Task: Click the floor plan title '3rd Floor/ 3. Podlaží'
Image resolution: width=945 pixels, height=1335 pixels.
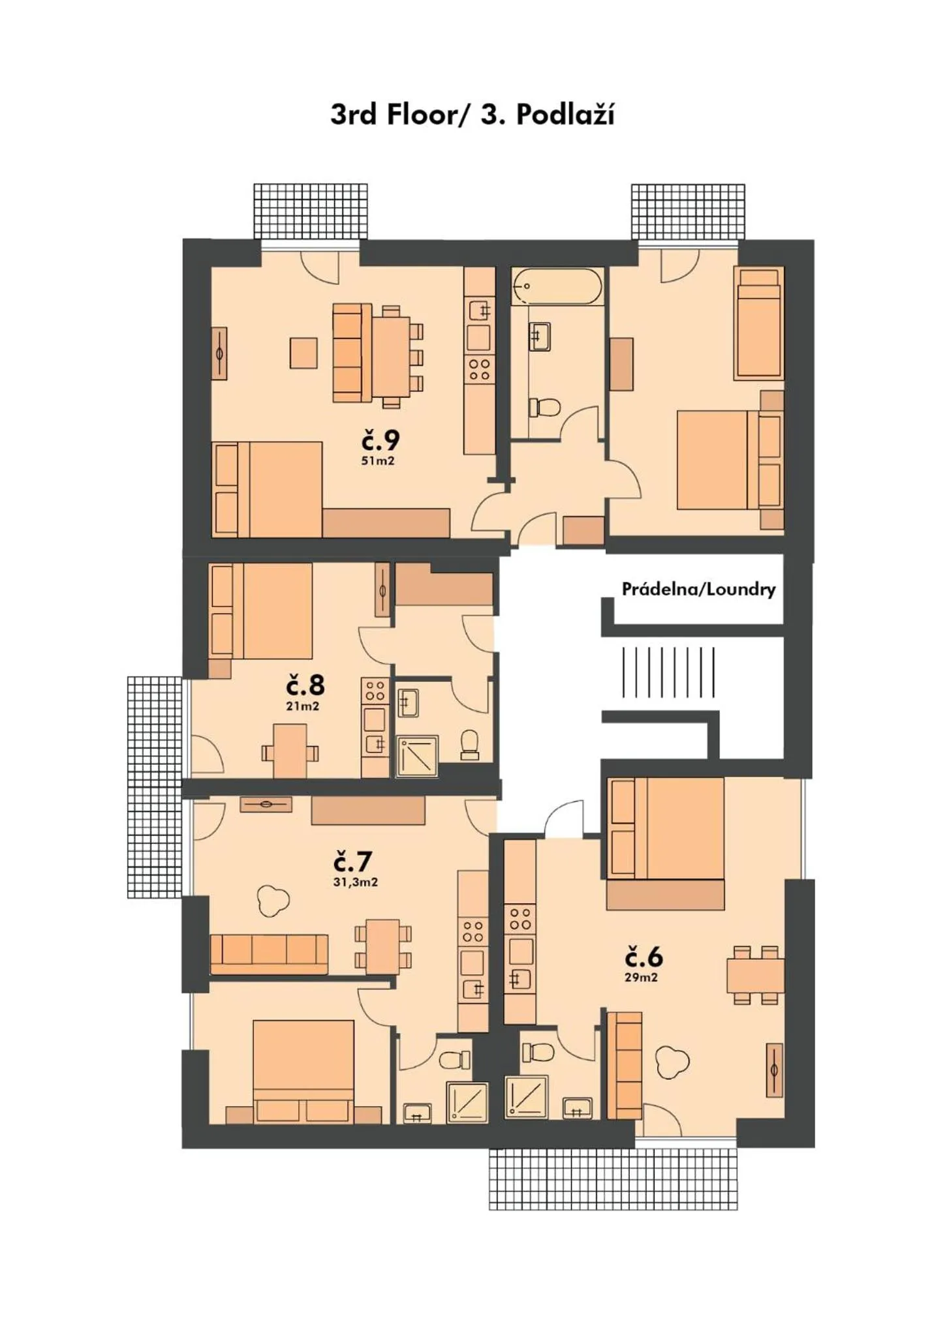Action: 472,115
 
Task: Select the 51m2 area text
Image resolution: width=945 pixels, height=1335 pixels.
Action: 379,460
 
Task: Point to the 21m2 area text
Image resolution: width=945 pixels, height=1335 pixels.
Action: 303,706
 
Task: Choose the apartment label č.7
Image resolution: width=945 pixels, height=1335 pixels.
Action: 352,862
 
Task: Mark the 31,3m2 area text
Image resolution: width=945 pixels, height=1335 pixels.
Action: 355,882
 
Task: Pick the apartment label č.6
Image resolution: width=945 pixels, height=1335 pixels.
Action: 643,957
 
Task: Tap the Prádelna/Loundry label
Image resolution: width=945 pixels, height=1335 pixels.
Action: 698,590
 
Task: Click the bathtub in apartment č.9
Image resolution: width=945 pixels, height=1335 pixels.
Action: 557,286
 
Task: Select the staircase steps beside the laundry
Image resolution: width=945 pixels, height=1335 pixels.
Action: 668,672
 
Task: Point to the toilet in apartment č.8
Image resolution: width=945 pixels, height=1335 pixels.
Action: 470,744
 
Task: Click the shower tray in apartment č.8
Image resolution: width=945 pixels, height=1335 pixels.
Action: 418,756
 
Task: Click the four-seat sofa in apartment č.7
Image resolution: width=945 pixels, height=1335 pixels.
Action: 269,954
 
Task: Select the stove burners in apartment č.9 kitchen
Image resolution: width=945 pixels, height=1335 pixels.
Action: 479,370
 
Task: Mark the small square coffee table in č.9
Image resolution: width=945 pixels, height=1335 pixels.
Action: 303,352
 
